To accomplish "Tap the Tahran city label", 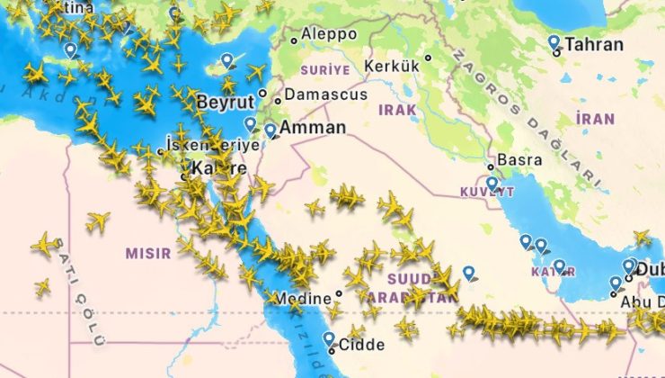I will pos(594,45).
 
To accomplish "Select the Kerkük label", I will pos(393,66).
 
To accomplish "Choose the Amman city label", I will pos(313,128).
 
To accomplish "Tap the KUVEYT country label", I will pos(487,192).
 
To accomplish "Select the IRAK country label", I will pos(398,109).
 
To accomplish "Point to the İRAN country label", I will pos(595,119).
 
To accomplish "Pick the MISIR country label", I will pos(146,253).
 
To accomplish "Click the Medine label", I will pos(302,298).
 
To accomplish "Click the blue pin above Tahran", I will pos(554,42).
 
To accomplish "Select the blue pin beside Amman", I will pos(270,130).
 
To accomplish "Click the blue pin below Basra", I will pos(492,183).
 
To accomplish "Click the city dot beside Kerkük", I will pos(428,58).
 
